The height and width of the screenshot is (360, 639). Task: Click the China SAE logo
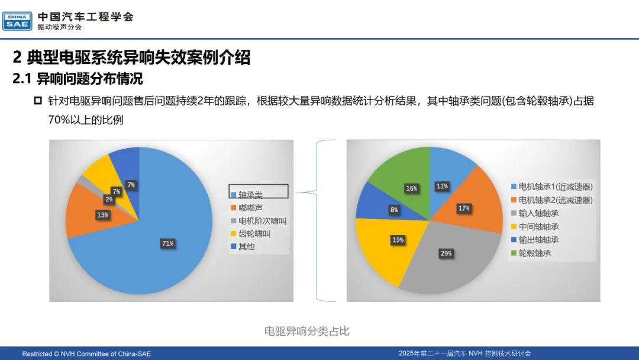click(x=17, y=21)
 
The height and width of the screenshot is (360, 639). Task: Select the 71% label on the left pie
click(x=168, y=243)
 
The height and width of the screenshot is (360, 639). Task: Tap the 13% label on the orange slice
click(x=103, y=215)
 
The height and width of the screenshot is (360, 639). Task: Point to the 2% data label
click(x=109, y=199)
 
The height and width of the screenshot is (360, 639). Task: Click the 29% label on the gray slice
click(x=446, y=253)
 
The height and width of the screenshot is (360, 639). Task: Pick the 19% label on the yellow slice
click(x=398, y=240)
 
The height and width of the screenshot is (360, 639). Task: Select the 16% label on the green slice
click(x=412, y=188)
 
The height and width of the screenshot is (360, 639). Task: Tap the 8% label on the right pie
click(x=394, y=210)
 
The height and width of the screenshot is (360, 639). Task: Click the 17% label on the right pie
click(x=464, y=208)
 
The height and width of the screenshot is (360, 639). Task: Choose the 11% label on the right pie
click(x=442, y=187)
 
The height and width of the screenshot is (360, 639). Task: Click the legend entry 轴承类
click(x=247, y=195)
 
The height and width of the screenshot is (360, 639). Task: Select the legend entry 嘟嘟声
click(x=247, y=208)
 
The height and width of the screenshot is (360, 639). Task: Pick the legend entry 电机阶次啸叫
click(x=259, y=221)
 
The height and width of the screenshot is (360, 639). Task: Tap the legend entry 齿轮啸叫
click(x=251, y=234)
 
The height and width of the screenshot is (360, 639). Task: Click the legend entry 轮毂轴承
click(x=531, y=253)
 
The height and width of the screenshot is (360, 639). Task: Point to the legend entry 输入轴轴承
click(x=535, y=213)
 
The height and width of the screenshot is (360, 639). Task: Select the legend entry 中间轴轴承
click(x=535, y=227)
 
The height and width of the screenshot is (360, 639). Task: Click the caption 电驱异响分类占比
click(x=307, y=331)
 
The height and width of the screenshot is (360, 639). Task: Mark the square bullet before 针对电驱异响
click(x=38, y=100)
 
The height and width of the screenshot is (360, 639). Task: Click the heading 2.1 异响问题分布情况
click(x=78, y=79)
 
